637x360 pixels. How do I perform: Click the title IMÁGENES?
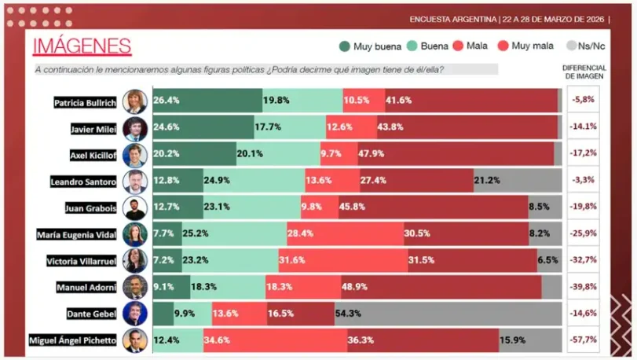click(82, 46)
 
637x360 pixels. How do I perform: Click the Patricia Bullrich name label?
click(85, 101)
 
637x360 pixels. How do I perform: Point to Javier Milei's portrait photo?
click(135, 128)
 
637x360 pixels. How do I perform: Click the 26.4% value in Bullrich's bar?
click(167, 101)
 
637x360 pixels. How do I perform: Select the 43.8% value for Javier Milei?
click(391, 127)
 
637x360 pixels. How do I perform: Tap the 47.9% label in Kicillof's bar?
click(372, 154)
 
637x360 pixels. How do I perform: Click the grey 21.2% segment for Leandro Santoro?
click(487, 181)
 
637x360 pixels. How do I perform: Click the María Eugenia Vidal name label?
click(78, 234)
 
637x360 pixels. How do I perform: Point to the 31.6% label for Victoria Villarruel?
click(292, 261)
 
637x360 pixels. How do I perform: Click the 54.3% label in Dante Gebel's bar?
click(348, 314)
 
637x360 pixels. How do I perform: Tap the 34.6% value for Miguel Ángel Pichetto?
click(217, 340)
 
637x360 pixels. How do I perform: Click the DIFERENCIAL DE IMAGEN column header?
click(585, 72)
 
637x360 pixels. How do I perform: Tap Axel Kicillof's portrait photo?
click(135, 154)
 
